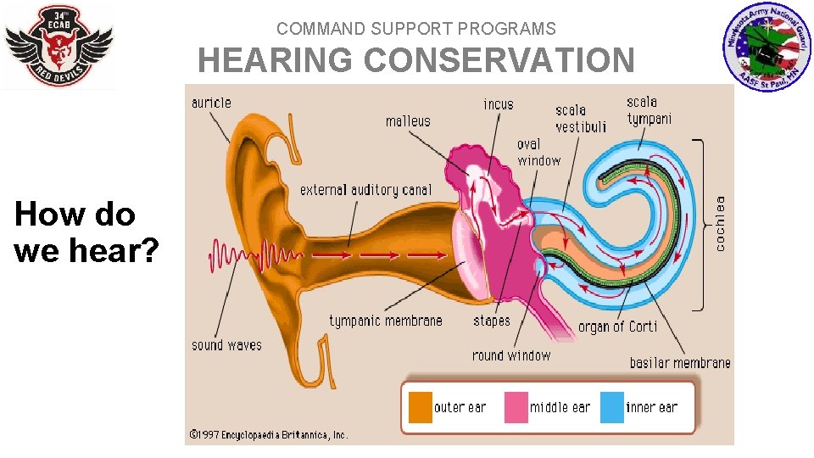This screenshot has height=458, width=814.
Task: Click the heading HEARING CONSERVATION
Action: click(415, 61)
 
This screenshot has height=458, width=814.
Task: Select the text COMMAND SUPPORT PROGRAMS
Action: click(415, 29)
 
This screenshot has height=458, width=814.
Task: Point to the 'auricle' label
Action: click(211, 103)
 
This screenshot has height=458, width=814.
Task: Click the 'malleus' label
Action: click(408, 121)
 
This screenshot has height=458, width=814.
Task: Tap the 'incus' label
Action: click(499, 104)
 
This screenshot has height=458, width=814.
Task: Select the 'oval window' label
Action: click(539, 152)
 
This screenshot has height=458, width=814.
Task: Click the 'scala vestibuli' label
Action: click(581, 118)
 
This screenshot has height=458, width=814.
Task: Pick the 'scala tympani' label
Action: click(650, 110)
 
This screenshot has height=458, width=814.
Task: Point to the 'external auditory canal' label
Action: click(365, 190)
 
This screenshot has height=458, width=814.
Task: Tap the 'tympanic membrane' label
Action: click(386, 321)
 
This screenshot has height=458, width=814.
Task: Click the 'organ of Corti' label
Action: click(617, 327)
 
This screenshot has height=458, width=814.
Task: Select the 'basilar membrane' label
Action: click(680, 363)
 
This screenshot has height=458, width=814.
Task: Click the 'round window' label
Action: click(511, 355)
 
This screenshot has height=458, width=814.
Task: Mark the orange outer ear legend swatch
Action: click(421, 407)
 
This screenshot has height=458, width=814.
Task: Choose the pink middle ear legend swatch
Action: click(516, 407)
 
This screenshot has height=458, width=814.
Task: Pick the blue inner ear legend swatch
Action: click(612, 407)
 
